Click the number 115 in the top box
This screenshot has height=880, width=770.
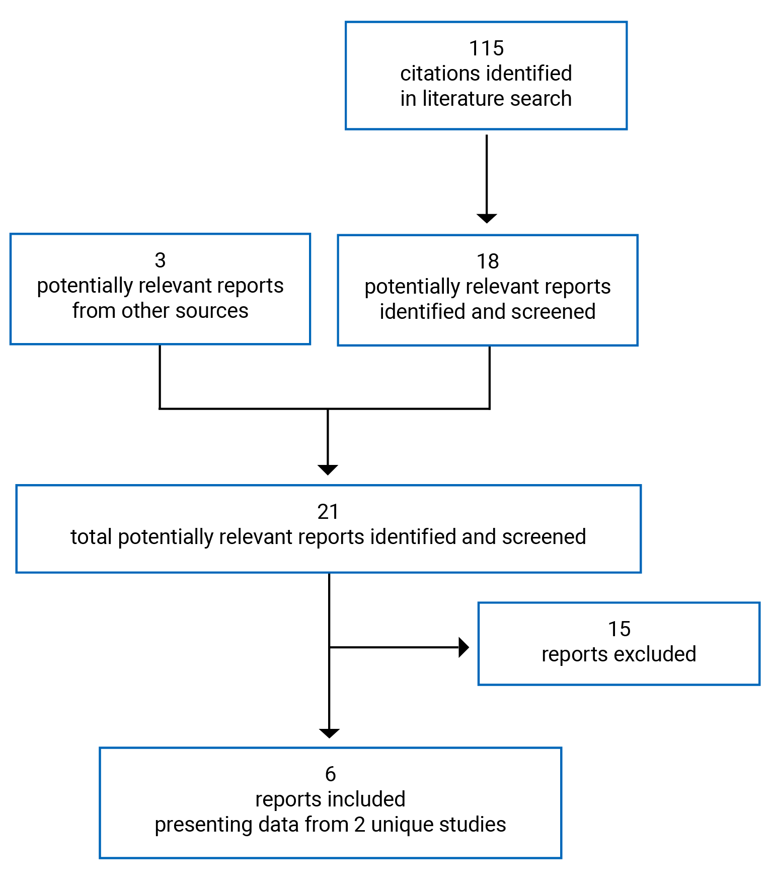pos(486,48)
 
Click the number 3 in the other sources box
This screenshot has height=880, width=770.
pos(160,260)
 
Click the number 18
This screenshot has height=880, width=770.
pos(488,261)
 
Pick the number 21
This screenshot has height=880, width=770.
pos(328,512)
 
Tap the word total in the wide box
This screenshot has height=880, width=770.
pos(91,537)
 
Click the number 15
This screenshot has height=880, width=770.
pos(619,629)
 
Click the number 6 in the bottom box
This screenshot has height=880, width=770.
pos(330,774)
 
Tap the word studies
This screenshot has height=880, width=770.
pos(473,825)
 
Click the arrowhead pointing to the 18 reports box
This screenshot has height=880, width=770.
pos(487,218)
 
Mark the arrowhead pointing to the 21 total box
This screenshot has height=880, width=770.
pos(328,470)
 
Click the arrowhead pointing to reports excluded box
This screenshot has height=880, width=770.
pos(464,647)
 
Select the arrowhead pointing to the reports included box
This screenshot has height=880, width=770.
pos(329,733)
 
